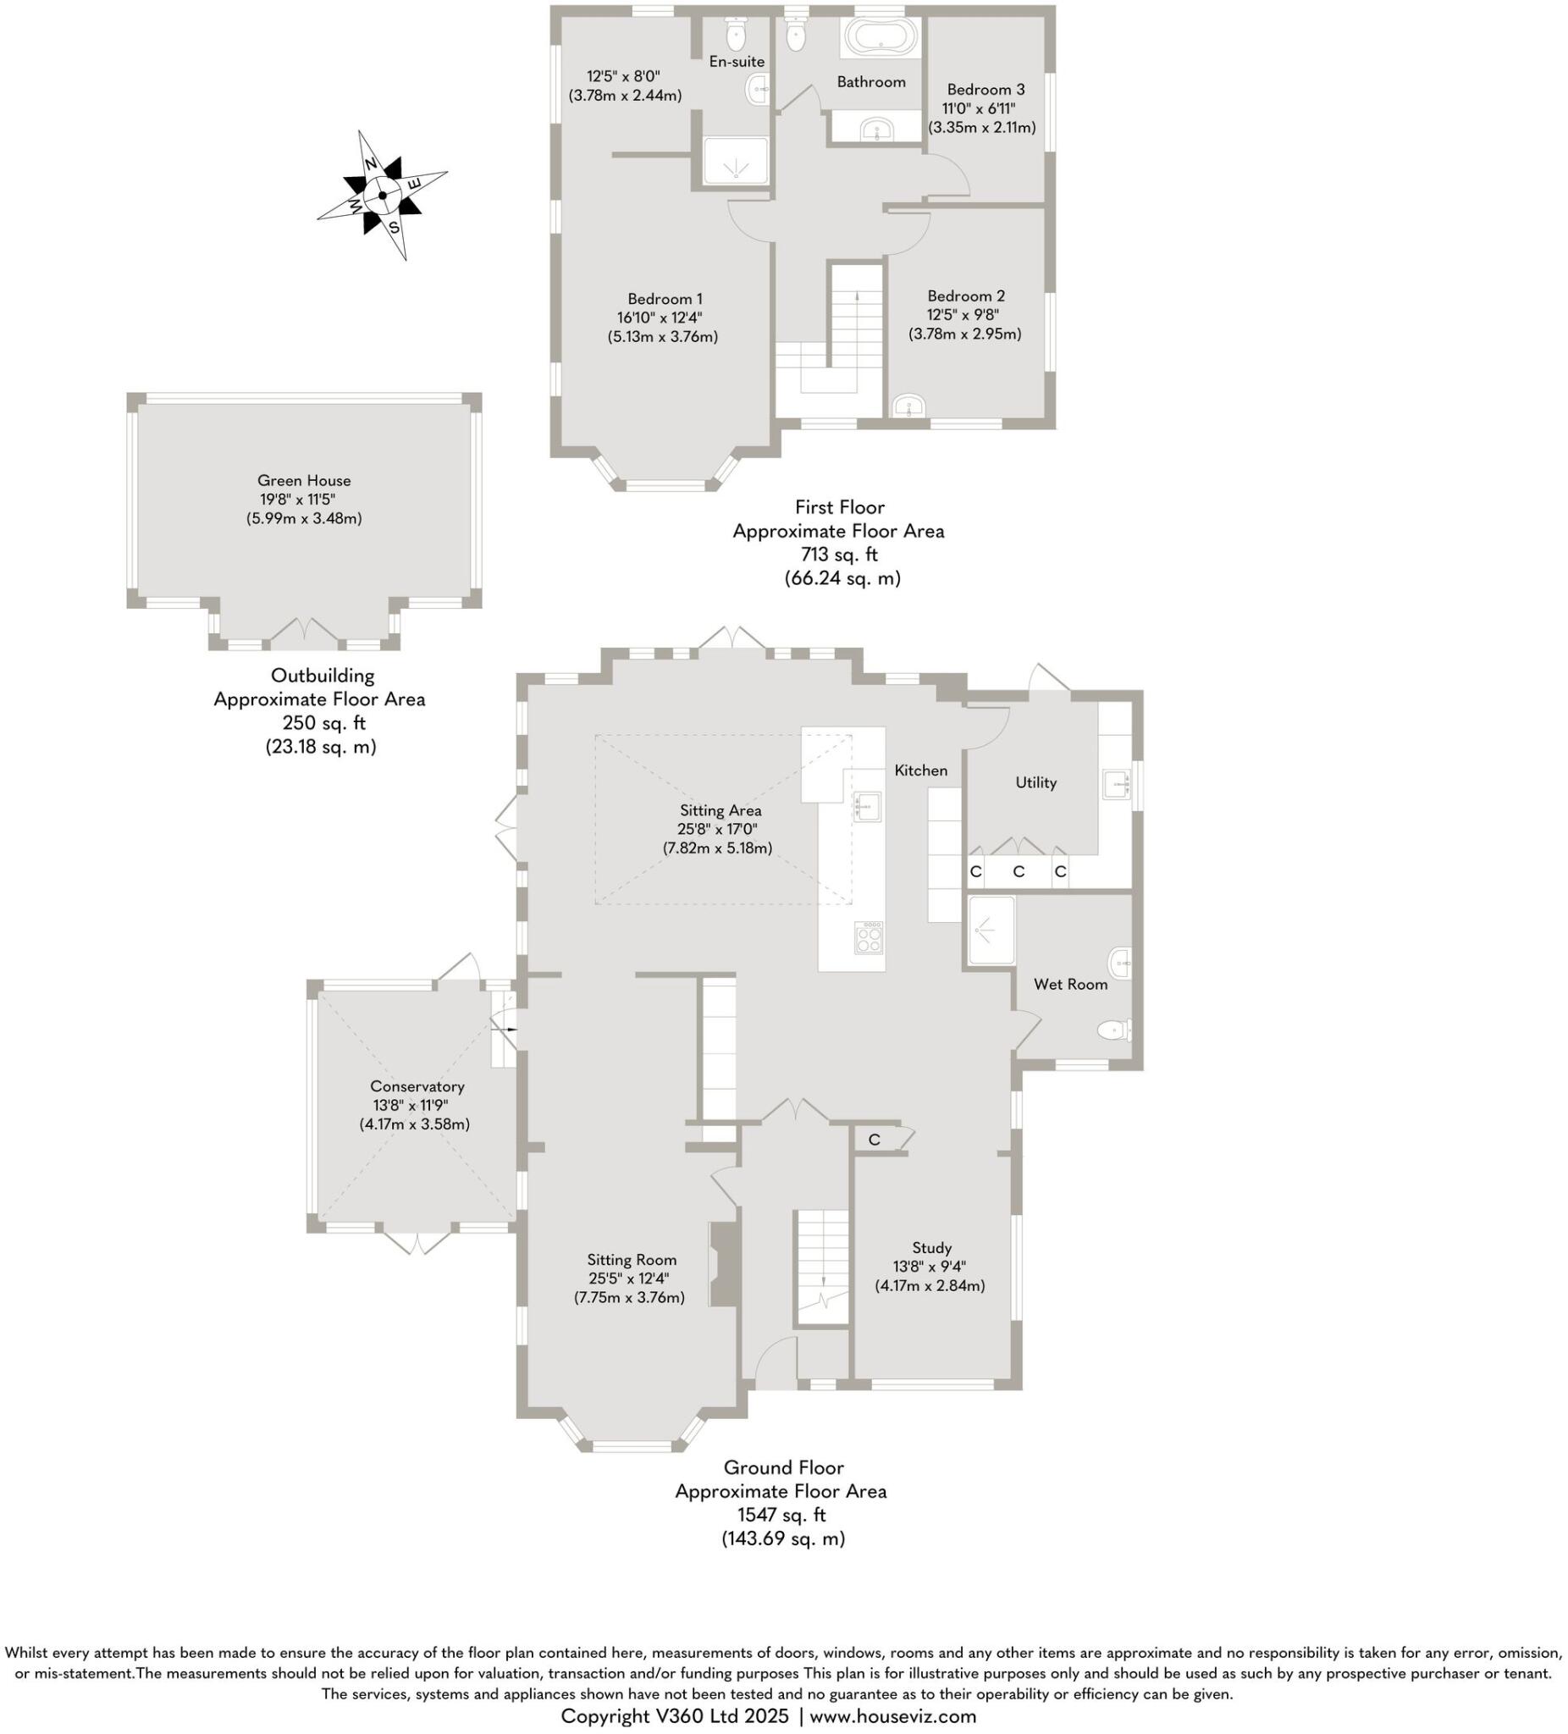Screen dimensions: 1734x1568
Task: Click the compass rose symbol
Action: tap(382, 195)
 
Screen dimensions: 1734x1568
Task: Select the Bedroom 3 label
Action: tap(985, 90)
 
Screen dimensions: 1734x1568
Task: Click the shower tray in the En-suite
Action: tap(735, 162)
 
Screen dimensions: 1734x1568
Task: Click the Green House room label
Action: tap(304, 481)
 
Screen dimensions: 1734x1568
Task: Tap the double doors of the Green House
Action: tap(304, 633)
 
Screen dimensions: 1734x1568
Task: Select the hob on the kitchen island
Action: tap(868, 936)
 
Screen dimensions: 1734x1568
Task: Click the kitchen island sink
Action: tap(867, 806)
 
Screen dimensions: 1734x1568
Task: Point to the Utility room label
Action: tap(1035, 782)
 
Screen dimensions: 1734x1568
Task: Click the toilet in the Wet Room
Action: tap(1114, 1030)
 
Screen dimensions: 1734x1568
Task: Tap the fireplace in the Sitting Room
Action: tap(723, 1264)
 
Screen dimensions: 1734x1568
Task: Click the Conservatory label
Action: tap(417, 1086)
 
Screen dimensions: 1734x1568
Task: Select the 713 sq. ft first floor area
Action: tap(839, 555)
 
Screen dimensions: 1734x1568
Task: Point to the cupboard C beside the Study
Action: tap(874, 1140)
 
